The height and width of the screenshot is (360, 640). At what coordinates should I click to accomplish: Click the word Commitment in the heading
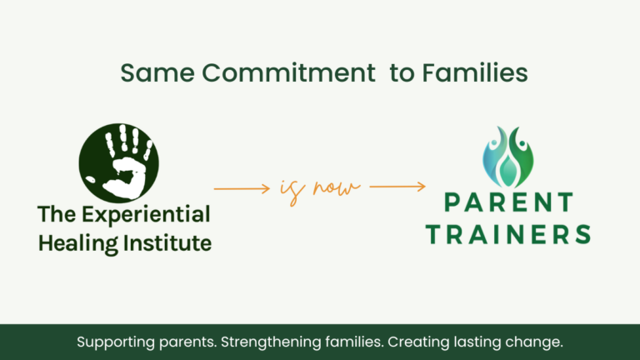(x=288, y=73)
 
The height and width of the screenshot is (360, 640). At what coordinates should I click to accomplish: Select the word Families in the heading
(x=475, y=73)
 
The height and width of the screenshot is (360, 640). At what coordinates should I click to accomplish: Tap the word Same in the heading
(x=157, y=73)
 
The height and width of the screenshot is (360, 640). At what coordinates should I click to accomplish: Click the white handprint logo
(x=119, y=163)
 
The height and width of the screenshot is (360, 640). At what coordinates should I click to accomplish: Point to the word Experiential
(x=146, y=215)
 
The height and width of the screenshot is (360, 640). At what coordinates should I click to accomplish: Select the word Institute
(x=167, y=243)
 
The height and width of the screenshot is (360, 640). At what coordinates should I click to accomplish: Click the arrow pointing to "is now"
(x=242, y=188)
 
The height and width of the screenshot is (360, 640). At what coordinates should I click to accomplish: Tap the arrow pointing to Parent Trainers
(x=397, y=187)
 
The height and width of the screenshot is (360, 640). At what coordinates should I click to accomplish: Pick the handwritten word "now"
(x=337, y=187)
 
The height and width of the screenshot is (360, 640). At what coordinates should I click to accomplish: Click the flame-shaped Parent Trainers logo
(x=507, y=157)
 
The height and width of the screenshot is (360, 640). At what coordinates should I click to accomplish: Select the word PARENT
(x=508, y=202)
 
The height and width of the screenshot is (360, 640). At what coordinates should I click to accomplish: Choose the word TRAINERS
(x=508, y=235)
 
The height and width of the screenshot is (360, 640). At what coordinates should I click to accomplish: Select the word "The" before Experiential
(x=57, y=214)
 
